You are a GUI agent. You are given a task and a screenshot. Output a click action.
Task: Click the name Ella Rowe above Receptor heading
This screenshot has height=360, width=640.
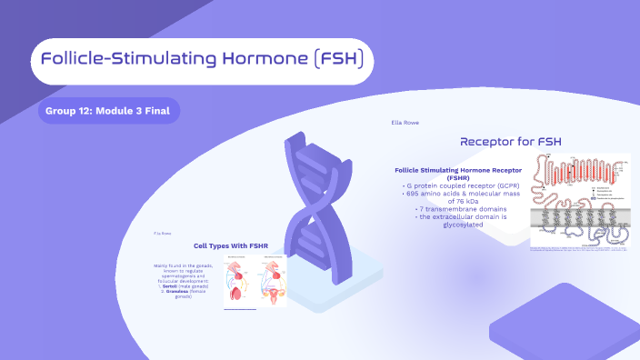pos(405,122)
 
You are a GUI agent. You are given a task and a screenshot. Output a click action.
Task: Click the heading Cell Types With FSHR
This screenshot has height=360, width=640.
pos(231,245)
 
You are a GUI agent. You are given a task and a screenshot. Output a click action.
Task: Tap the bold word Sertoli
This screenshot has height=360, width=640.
pos(169,285)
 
